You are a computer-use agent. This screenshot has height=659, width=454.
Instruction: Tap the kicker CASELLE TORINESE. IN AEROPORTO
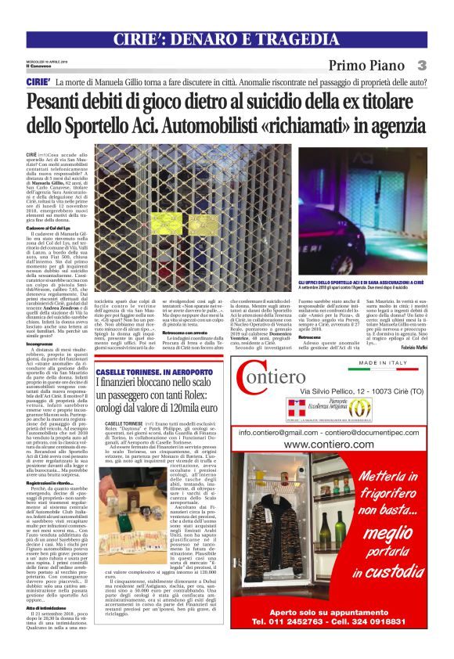(x=151, y=366)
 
